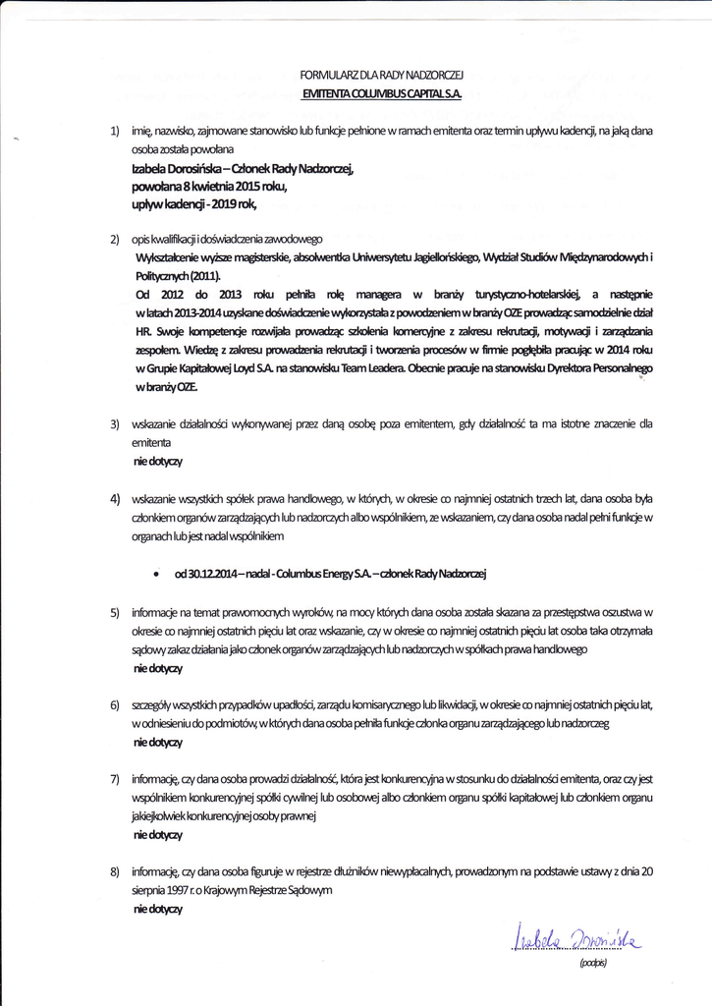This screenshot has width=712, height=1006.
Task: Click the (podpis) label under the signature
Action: [593, 964]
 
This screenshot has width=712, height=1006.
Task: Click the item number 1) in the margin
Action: [115, 130]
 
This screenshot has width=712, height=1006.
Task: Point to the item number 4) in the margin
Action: [115, 498]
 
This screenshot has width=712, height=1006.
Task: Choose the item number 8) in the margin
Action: [115, 871]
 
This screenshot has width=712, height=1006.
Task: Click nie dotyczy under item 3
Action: [157, 460]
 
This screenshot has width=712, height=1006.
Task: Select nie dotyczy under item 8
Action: [157, 910]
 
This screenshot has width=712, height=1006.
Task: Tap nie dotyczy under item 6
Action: [157, 742]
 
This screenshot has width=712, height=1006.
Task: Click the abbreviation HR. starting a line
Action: [142, 332]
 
